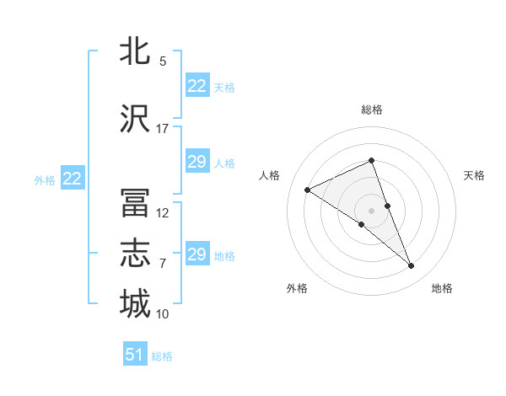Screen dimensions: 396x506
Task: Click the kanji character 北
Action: [x=135, y=51]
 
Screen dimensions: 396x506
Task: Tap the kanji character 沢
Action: [x=135, y=118]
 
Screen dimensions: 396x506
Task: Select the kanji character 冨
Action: [x=135, y=203]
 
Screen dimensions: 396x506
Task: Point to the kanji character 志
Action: [x=135, y=253]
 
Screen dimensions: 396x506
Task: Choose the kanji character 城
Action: [x=135, y=303]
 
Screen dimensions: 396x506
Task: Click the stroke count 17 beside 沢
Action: [x=162, y=129]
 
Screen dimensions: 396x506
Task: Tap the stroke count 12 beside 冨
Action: [x=162, y=213]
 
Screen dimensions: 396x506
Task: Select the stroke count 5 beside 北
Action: [x=162, y=62]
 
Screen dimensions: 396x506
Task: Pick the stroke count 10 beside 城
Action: [x=162, y=314]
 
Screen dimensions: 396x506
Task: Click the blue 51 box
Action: [x=135, y=355]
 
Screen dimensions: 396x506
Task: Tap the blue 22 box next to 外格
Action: [x=72, y=179]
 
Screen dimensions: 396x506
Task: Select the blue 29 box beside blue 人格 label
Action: [x=196, y=162]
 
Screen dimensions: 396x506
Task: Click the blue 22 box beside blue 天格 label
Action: [x=196, y=86]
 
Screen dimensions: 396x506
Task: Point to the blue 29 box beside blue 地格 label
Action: [x=196, y=254]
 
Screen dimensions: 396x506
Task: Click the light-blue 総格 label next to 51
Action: [x=162, y=356]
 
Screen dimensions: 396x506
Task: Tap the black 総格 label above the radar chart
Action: [x=371, y=110]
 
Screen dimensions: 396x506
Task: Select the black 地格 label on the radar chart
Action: [x=442, y=288]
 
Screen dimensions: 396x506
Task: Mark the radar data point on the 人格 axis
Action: [x=308, y=190]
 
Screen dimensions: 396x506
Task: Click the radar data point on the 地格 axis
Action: [x=412, y=266]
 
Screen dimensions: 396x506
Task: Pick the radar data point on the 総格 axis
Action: [x=371, y=161]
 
